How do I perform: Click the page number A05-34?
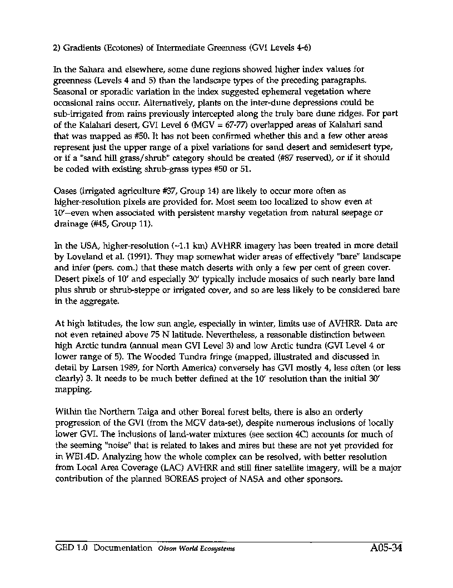point(385,548)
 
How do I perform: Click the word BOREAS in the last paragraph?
point(182,480)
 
